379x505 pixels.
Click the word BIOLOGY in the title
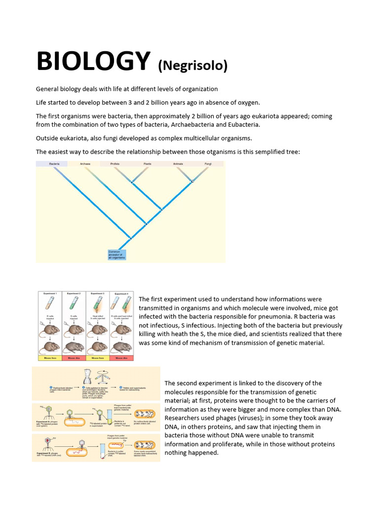[x=93, y=62]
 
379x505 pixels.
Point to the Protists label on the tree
[x=115, y=164]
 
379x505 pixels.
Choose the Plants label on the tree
[x=147, y=164]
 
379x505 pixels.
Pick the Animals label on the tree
[x=178, y=164]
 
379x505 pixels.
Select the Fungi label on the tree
[x=208, y=164]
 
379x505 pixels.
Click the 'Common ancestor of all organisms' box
[x=117, y=254]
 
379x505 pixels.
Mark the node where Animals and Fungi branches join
[x=192, y=181]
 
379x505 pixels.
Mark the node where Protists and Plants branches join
[x=131, y=182]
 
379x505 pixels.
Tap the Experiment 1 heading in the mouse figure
[x=50, y=293]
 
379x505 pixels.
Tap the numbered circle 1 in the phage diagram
[x=51, y=388]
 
